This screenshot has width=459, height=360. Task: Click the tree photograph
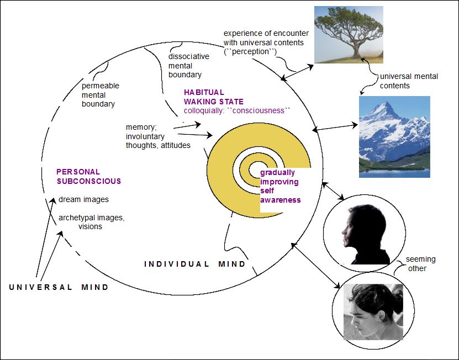[349, 35]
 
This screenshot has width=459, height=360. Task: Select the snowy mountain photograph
[394, 137]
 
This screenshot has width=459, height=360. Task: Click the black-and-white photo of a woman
[373, 312]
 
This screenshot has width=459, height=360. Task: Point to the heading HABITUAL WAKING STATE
[214, 97]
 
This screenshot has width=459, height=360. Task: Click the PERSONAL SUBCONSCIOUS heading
[89, 177]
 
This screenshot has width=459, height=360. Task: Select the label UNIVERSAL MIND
[59, 287]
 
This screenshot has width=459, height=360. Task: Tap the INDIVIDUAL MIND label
[195, 264]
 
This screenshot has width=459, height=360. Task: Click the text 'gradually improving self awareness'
[281, 186]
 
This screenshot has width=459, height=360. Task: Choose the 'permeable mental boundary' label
[101, 95]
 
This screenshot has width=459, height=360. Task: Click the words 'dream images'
[84, 200]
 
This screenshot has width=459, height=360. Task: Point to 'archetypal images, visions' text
[91, 222]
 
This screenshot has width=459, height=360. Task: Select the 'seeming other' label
[421, 264]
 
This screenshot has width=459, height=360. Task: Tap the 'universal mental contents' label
[409, 81]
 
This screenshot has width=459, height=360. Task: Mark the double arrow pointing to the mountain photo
[335, 128]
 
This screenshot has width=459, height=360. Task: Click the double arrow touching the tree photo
[297, 72]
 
